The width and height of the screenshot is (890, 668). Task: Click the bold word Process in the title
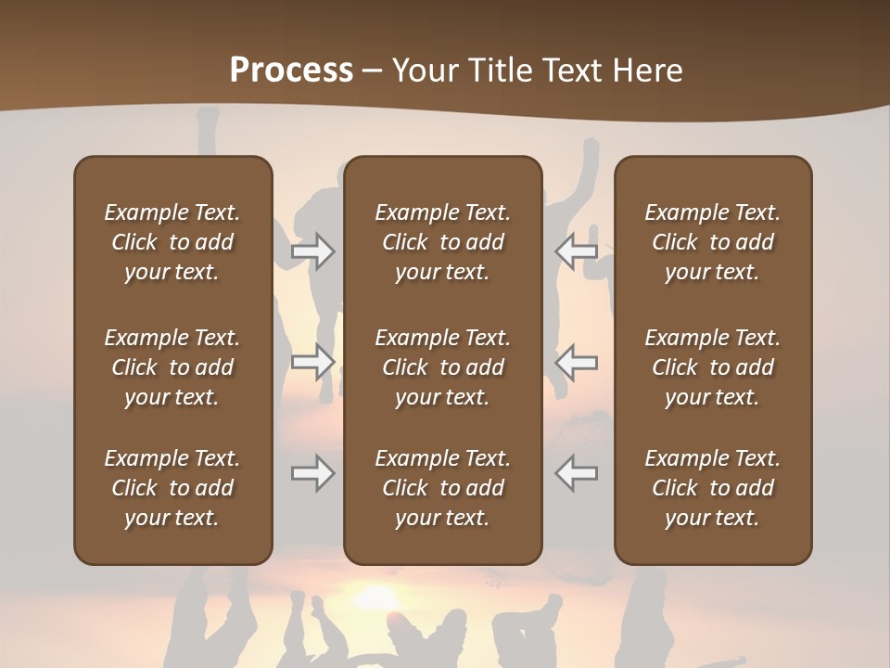coord(291,71)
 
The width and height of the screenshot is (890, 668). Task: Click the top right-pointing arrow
coord(313,251)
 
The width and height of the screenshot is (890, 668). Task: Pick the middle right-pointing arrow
coord(313,362)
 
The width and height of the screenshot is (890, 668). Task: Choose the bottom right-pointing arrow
coord(313,473)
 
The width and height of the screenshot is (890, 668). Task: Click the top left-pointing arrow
coord(577,251)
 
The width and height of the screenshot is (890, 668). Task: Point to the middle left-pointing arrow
coord(577,362)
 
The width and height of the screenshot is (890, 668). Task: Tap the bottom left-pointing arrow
coord(577,473)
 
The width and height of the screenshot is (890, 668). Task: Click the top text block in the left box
coord(172,242)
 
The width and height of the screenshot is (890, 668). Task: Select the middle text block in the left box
coord(172,367)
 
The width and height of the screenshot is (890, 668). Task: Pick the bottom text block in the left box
coord(172,488)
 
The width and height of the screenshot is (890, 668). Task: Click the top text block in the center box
coord(442,242)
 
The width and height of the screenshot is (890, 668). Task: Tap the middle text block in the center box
coord(442,367)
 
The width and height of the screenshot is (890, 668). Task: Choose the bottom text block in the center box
coord(442,488)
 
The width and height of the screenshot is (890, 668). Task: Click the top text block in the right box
coord(712,242)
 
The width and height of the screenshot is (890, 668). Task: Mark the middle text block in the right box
coord(712,367)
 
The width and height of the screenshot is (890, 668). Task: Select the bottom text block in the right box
coord(712,488)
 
